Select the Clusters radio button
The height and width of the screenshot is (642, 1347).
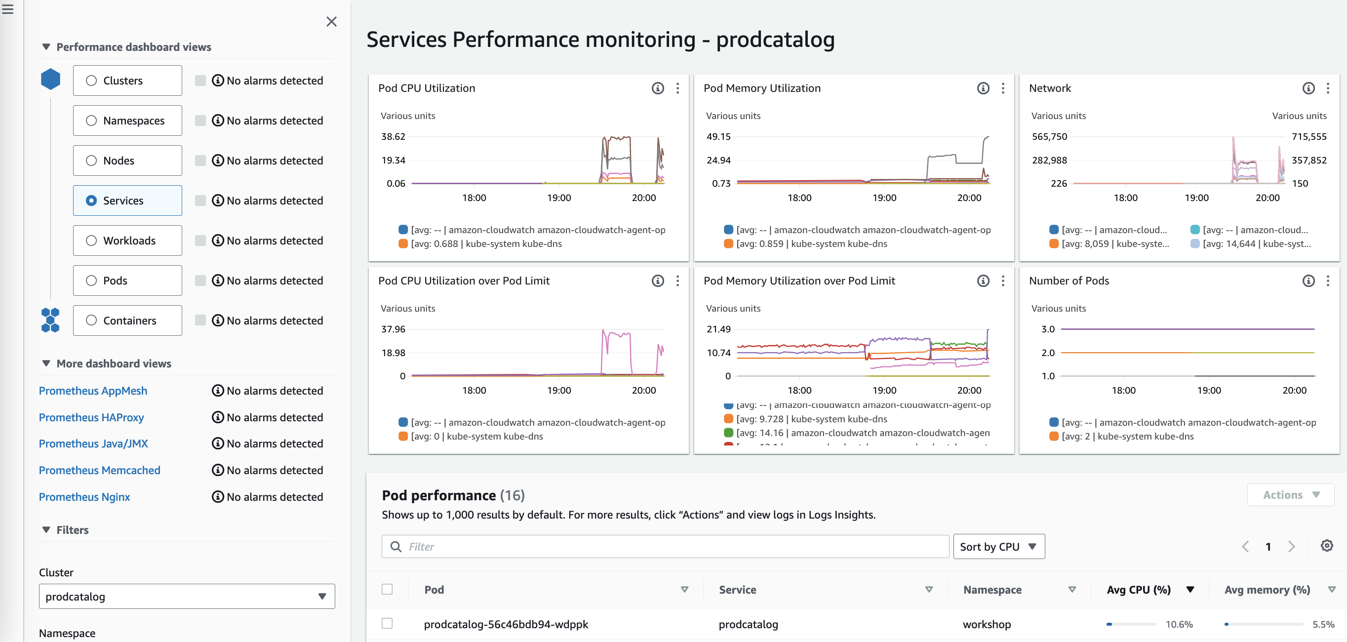tap(91, 80)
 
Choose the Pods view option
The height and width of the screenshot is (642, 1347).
tap(91, 281)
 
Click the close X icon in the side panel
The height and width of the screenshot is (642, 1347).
tap(331, 21)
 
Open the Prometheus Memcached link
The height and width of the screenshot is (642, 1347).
tap(99, 470)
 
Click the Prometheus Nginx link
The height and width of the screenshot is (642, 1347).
tap(84, 497)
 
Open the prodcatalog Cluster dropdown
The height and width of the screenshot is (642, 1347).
tap(187, 597)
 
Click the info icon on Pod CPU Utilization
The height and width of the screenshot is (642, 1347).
tap(657, 88)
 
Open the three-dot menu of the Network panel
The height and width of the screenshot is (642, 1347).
tap(1328, 88)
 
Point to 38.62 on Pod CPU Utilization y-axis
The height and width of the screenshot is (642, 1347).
tap(393, 136)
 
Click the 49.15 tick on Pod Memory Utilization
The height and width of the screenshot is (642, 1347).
tap(718, 136)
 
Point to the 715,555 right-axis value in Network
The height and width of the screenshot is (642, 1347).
tap(1309, 136)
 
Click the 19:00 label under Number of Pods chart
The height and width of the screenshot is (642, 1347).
tap(1209, 391)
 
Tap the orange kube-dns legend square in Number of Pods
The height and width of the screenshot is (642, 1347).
tap(1054, 436)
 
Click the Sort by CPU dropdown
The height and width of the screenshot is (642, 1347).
tap(998, 546)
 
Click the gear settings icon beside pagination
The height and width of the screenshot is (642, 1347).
tap(1327, 546)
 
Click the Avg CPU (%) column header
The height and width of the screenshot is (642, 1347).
tap(1138, 590)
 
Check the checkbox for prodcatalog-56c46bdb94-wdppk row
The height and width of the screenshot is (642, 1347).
tap(387, 623)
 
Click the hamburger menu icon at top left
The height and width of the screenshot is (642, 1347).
tap(7, 9)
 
